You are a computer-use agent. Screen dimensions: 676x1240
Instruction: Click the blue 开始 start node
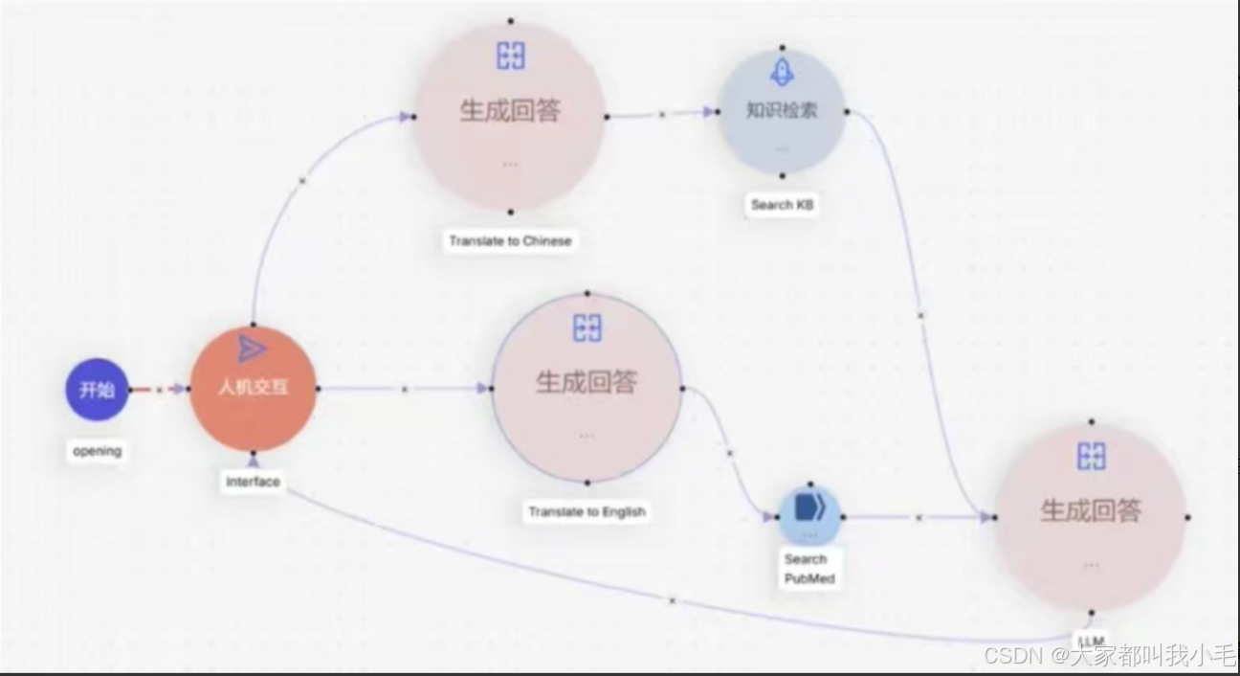pos(97,390)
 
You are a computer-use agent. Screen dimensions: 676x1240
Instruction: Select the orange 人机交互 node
pos(253,388)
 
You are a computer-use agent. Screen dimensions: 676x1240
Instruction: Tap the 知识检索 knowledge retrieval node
pos(782,111)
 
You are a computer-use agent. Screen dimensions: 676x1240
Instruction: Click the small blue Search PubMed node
pos(808,516)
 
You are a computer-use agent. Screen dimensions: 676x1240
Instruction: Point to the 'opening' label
pos(97,451)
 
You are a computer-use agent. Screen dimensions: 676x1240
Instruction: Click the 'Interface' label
pos(253,482)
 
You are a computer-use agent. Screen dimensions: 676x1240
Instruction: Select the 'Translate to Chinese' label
pos(510,241)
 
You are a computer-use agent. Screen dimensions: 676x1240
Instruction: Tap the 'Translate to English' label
pos(587,512)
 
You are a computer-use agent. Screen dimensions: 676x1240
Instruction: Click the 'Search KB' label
pos(782,205)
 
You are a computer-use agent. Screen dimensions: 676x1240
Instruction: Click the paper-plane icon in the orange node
pos(252,349)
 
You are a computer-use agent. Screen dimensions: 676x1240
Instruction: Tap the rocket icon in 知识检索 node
pos(782,71)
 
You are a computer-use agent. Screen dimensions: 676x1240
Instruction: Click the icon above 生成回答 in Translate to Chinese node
pos(510,56)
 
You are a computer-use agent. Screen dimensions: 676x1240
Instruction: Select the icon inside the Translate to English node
pos(587,328)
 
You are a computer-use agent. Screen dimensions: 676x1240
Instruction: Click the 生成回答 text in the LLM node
pos(1091,510)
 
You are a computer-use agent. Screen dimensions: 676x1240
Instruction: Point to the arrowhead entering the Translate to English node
pos(482,389)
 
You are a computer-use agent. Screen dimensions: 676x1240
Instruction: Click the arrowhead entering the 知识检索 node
pos(709,112)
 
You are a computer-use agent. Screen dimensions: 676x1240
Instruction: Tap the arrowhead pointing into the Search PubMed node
pos(769,517)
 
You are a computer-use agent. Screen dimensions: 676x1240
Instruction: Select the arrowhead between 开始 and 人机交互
pos(178,389)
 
